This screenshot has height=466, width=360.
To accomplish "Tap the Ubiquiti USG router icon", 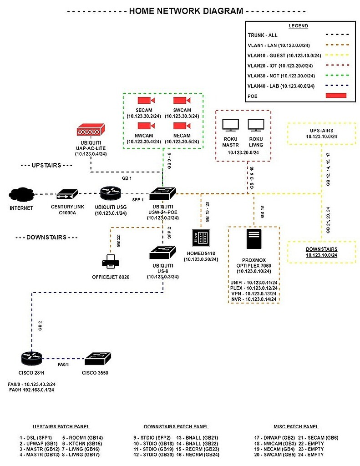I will tap(111, 194).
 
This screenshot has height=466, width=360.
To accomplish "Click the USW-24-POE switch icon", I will tap(162, 194).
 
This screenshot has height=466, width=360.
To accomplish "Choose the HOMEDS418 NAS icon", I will tap(201, 238).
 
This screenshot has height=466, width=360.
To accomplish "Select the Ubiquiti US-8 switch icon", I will tap(162, 252).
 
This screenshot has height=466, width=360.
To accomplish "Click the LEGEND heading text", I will tap(298, 26).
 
